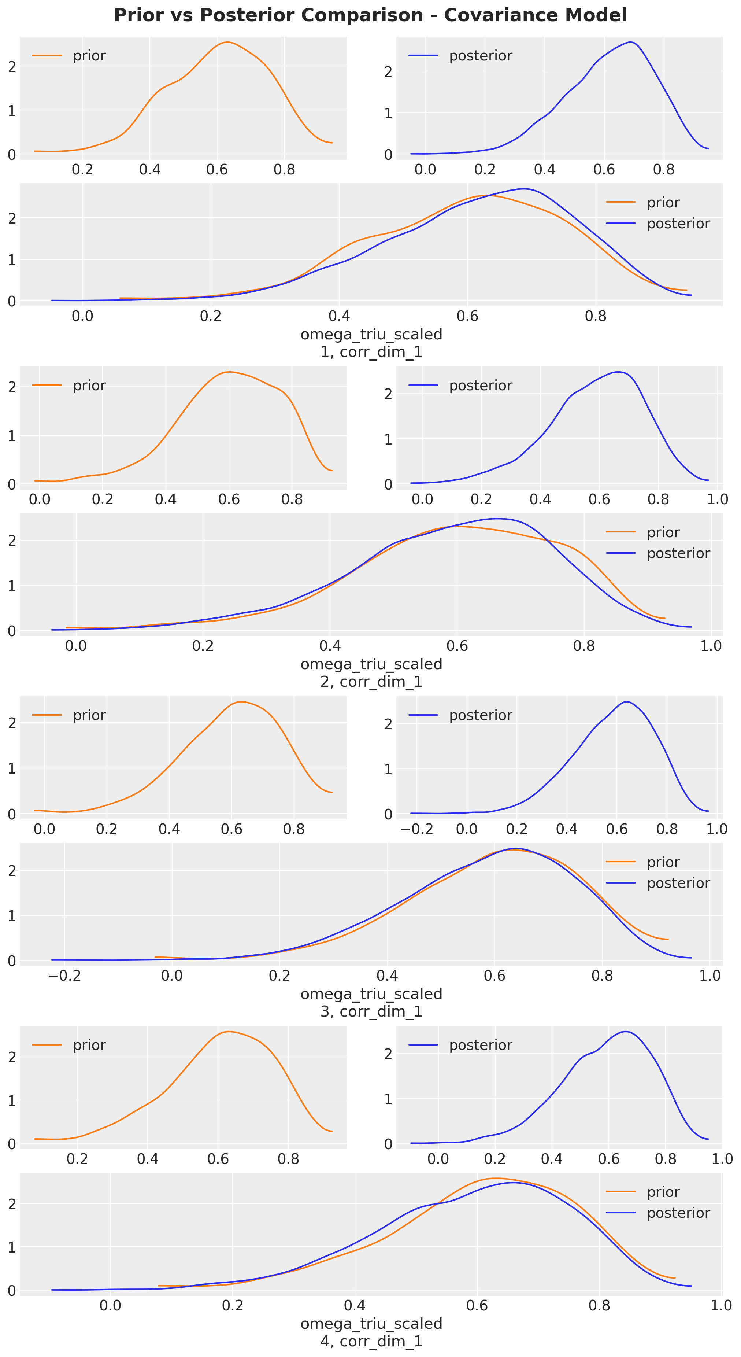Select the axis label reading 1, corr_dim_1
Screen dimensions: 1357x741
click(x=371, y=352)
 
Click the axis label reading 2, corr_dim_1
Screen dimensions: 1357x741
click(x=371, y=682)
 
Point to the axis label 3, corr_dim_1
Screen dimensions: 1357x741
click(x=371, y=1011)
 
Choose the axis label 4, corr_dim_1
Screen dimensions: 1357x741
click(x=371, y=1341)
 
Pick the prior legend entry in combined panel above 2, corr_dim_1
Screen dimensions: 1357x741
click(x=663, y=532)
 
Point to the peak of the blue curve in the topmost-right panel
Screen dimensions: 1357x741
click(x=630, y=42)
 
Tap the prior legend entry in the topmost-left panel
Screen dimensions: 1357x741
click(x=89, y=55)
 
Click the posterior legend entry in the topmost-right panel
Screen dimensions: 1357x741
click(x=480, y=55)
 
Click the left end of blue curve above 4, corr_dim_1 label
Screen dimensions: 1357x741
click(x=52, y=1290)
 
